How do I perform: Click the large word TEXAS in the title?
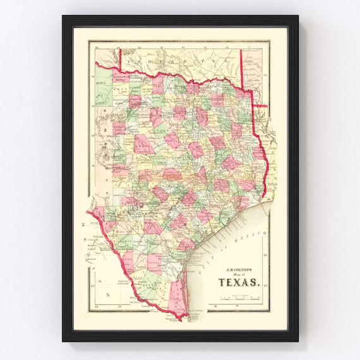pyautogui.click(x=239, y=282)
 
